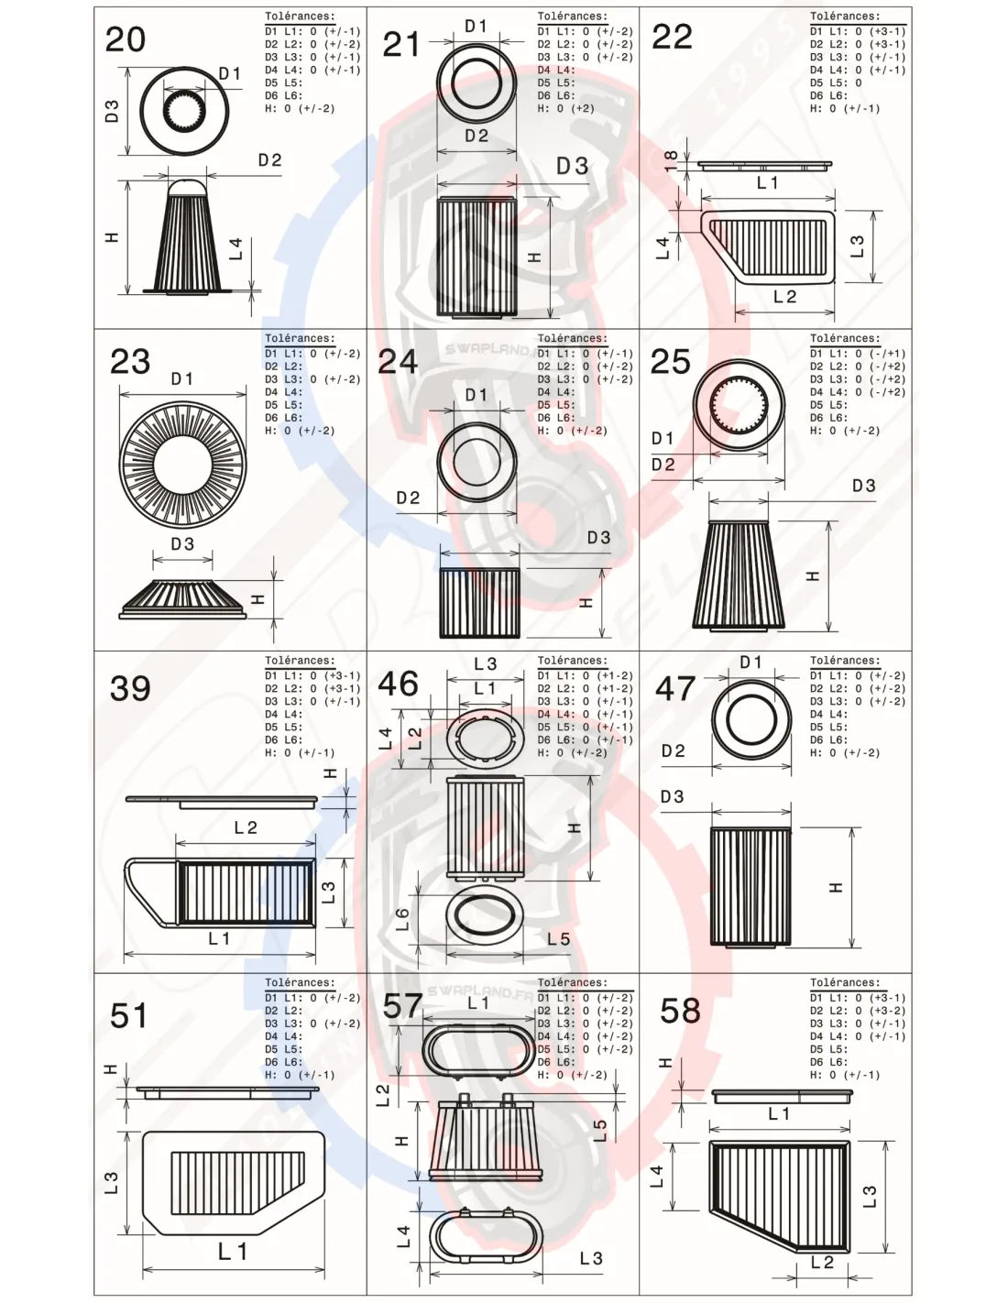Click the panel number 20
[x=126, y=40]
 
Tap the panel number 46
[x=398, y=684]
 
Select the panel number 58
[x=680, y=1012]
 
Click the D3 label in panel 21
[x=573, y=166]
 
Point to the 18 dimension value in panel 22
[x=671, y=159]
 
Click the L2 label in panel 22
[x=784, y=297]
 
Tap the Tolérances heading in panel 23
[x=300, y=339]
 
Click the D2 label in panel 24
[x=408, y=498]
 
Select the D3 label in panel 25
[x=863, y=486]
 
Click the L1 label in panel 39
[x=219, y=938]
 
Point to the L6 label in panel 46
[x=402, y=919]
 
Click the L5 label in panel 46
[x=558, y=939]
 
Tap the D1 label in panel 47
[x=751, y=662]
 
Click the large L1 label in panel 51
[x=233, y=1251]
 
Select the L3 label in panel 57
[x=591, y=1258]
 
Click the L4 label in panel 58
[x=656, y=1177]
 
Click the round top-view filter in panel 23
[x=182, y=465]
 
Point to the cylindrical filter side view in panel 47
[x=750, y=886]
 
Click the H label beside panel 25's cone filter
[x=812, y=576]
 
